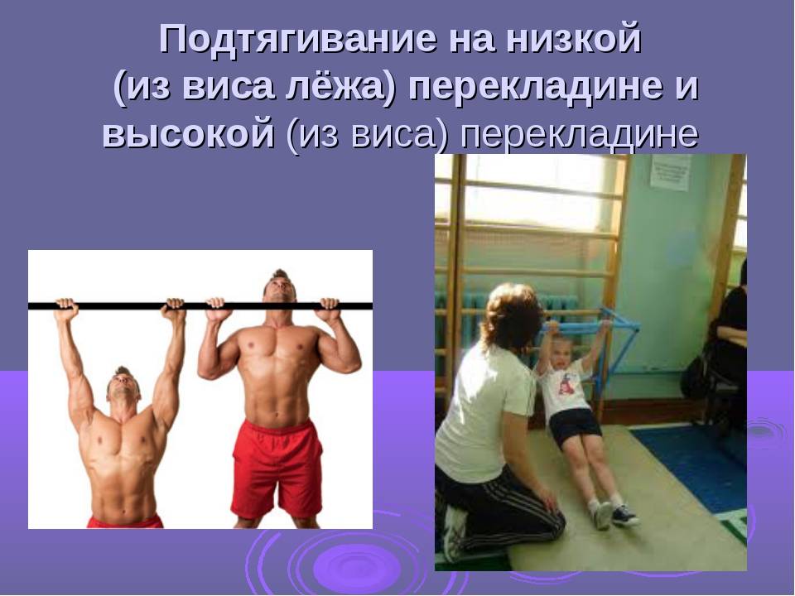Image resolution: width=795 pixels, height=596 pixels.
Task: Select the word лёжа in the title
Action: pos(340,86)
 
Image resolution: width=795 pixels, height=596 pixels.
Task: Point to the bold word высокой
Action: pos(188,134)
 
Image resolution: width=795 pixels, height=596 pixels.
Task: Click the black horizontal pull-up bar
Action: pos(200,306)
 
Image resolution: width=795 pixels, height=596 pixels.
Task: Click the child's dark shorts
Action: pos(574,428)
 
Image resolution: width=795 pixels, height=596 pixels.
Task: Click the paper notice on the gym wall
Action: pos(671,172)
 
